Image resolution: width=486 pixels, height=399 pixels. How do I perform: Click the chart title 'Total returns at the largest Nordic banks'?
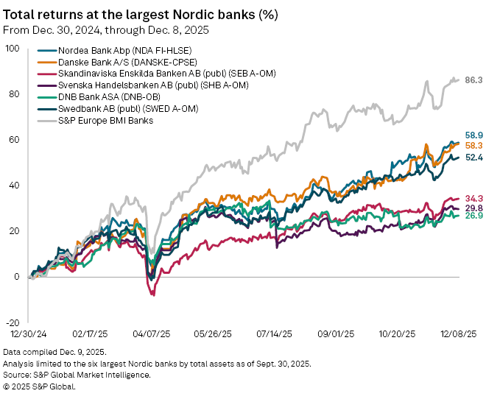click(140, 14)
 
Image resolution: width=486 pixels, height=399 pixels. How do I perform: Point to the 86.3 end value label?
click(473, 79)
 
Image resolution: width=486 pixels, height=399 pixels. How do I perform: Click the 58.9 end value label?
click(473, 135)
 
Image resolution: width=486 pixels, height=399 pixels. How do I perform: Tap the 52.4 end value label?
click(473, 158)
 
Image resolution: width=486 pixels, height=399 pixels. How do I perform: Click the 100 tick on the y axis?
click(13, 49)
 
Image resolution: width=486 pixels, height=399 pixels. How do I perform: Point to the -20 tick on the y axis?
click(13, 322)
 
